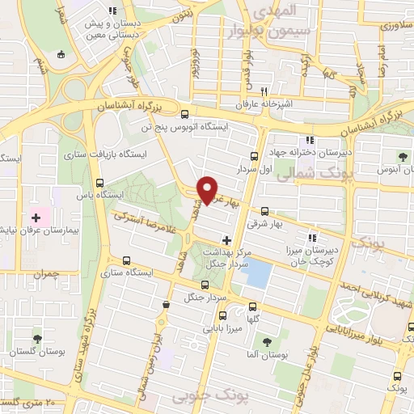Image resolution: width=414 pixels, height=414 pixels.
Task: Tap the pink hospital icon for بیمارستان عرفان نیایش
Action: click(x=36, y=218)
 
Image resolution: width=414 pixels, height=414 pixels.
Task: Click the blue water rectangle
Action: click(x=256, y=272)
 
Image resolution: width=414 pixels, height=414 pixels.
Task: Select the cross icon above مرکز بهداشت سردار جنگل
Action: click(x=227, y=240)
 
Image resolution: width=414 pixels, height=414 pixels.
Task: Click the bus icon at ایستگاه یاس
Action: click(x=99, y=183)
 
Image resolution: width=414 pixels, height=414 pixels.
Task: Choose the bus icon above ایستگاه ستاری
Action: click(x=125, y=260)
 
